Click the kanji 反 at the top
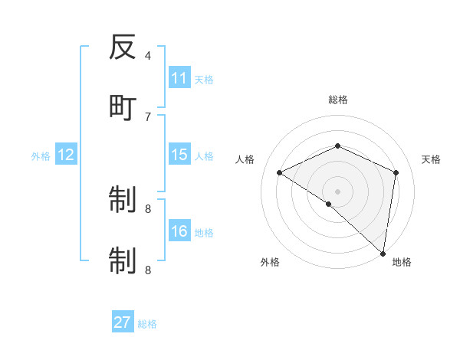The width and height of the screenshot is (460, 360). tap(123, 48)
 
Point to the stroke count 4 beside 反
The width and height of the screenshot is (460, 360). tap(148, 55)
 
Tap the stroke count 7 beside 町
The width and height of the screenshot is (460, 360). tap(148, 116)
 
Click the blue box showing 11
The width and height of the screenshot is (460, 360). tap(179, 78)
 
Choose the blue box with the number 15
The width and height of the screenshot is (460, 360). tap(179, 155)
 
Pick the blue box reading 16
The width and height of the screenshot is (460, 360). tap(179, 231)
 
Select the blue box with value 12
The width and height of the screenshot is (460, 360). tap(66, 155)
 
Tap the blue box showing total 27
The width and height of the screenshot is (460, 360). tap(123, 322)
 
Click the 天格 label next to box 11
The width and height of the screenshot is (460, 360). tap(204, 79)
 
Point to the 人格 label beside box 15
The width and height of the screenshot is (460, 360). tap(204, 155)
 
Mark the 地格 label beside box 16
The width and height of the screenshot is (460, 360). tap(204, 232)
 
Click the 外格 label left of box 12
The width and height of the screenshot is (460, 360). tap(41, 155)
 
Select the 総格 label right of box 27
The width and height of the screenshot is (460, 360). tap(147, 323)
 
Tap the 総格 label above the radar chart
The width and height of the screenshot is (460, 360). tap(337, 100)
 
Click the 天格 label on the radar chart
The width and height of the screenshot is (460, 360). tap(431, 159)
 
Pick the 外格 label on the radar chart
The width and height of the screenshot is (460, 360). tap(269, 262)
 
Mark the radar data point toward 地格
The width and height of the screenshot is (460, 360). tap(383, 253)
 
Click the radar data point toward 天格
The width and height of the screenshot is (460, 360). tap(396, 172)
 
